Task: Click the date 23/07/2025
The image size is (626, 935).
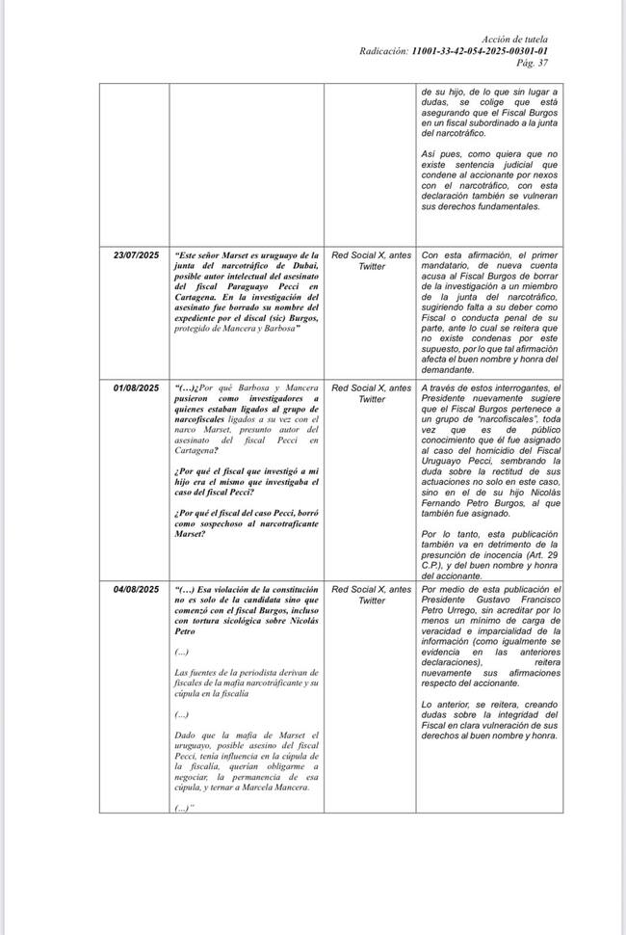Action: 136,254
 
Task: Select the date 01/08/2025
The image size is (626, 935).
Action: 136,388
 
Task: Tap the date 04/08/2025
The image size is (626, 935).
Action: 136,589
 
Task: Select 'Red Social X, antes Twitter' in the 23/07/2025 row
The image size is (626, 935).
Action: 371,260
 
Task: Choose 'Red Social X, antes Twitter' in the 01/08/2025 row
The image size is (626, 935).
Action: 371,393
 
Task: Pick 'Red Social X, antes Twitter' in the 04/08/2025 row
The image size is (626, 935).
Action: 371,595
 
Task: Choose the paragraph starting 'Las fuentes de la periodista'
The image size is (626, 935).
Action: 247,682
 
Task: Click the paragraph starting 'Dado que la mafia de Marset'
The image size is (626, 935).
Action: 247,761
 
